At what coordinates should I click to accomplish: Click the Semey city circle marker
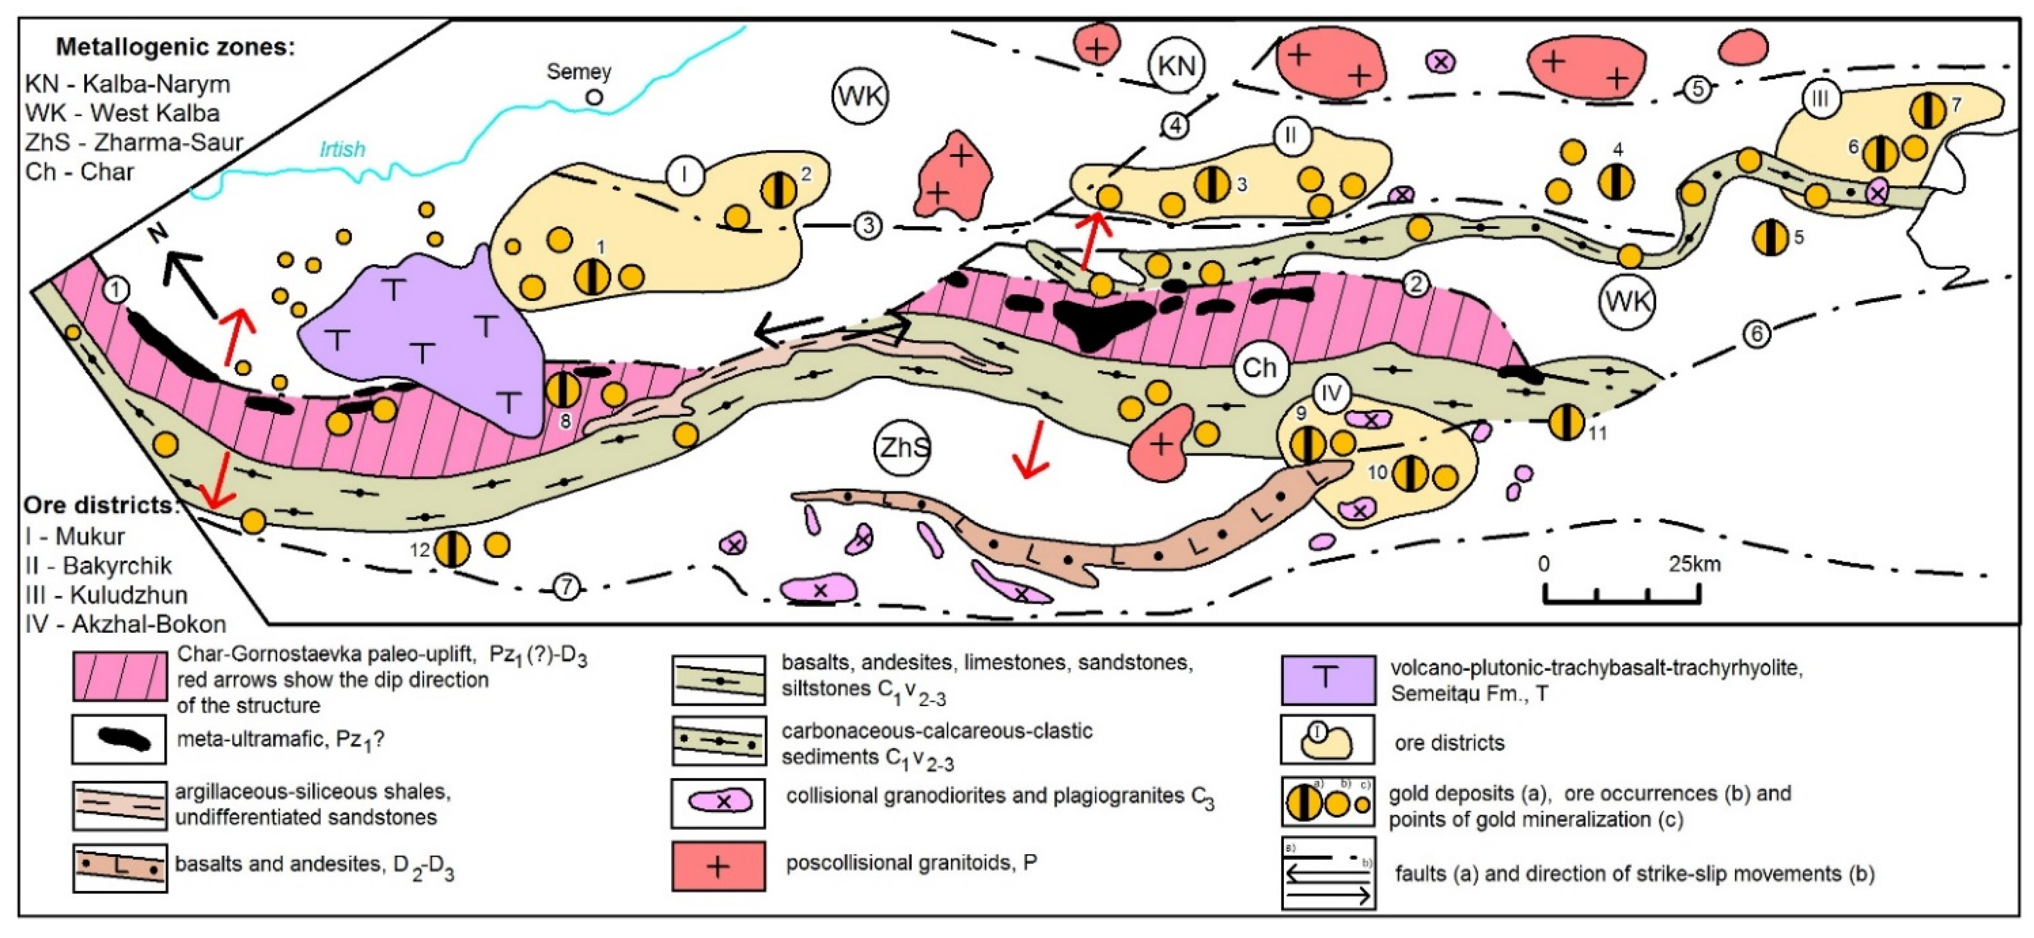[x=594, y=98]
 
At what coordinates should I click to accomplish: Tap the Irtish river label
[x=342, y=149]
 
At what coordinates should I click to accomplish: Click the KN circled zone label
[x=1176, y=66]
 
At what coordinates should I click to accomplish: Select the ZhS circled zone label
[x=903, y=448]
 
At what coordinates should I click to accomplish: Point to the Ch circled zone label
[x=1260, y=368]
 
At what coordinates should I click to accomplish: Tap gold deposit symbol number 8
[x=563, y=390]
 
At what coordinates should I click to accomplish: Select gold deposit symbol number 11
[x=1566, y=422]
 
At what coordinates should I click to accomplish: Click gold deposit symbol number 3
[x=1211, y=184]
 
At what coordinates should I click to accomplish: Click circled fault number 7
[x=566, y=587]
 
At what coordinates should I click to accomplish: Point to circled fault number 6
[x=1757, y=335]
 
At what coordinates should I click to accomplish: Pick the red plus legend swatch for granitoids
[x=718, y=866]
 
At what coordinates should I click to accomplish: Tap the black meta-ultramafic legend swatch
[x=119, y=740]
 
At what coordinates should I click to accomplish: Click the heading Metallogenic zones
[x=175, y=47]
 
